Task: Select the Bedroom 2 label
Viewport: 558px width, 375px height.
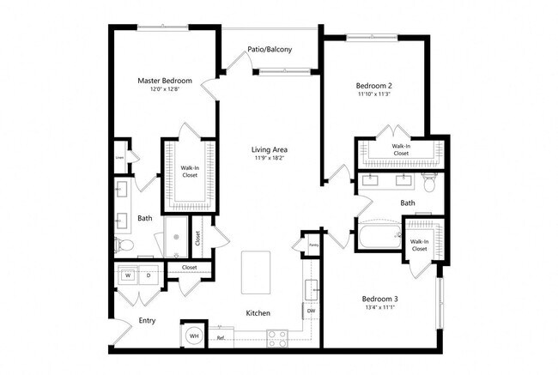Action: coord(374,86)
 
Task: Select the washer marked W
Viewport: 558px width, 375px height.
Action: coord(129,275)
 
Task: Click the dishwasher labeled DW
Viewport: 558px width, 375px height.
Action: coord(311,311)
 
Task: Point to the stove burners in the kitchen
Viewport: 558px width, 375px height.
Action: coord(276,338)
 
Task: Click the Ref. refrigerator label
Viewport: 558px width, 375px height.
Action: coord(221,338)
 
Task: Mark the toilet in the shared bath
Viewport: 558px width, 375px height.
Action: coord(431,182)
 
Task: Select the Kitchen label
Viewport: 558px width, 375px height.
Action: coord(259,313)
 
